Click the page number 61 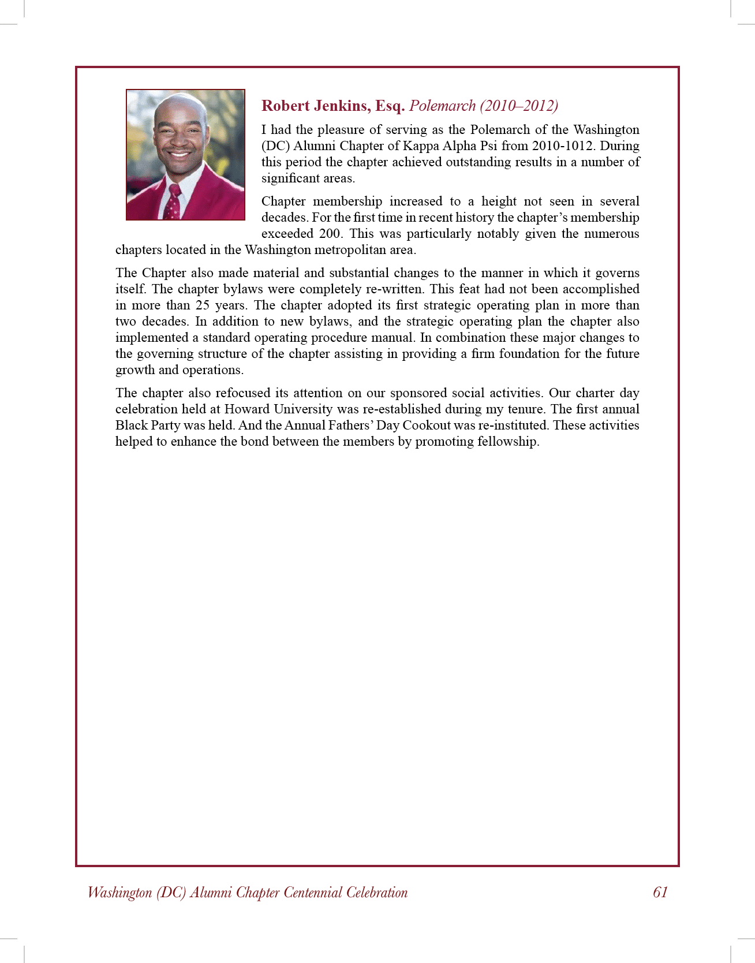(x=660, y=893)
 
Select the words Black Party (x=147, y=425)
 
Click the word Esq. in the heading (x=390, y=106)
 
